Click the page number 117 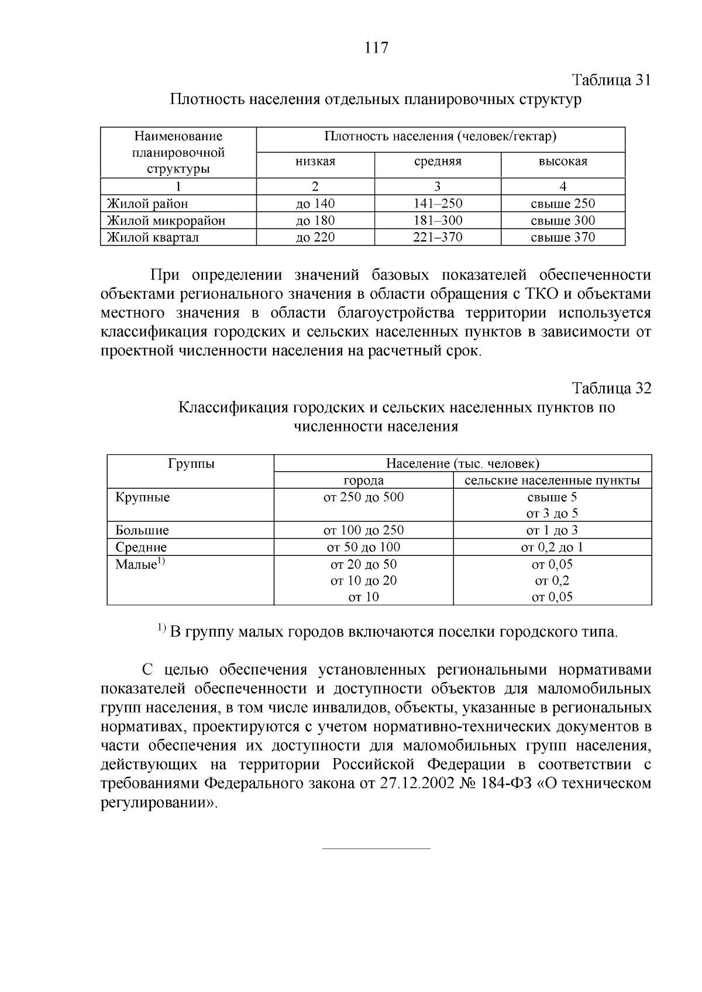pos(376,47)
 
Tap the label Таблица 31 pos(611,80)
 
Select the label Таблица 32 pos(611,388)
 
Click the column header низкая pos(315,162)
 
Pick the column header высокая pos(563,162)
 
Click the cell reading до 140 pos(315,204)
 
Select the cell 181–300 pos(438,220)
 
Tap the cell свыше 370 pos(563,237)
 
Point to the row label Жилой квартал pos(153,237)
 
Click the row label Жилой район pos(147,204)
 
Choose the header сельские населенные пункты pos(552,481)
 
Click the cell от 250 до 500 pos(363,497)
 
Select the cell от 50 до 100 pos(363,547)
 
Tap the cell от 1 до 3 pos(552,531)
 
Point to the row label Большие pos(142,531)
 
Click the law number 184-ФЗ pos(505,783)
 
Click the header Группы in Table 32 pos(191,464)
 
